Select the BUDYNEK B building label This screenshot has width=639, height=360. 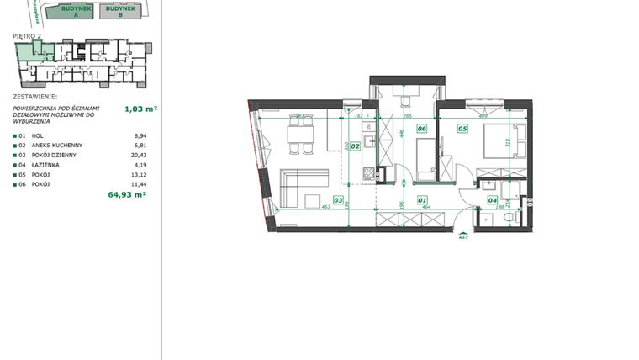119,11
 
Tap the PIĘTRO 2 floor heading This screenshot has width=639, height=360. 29,36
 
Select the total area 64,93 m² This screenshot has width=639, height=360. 127,193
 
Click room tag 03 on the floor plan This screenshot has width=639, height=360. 337,200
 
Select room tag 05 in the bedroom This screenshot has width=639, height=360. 462,129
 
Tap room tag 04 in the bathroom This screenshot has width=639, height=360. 492,200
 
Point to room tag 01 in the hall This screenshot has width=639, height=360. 421,200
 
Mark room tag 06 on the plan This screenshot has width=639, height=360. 421,129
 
